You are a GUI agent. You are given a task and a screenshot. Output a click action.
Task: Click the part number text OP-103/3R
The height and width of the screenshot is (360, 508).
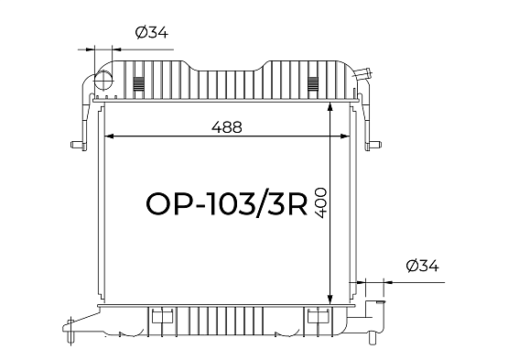[x=226, y=204]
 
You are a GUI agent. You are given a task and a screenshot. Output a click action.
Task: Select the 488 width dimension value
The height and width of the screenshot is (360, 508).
[x=227, y=127]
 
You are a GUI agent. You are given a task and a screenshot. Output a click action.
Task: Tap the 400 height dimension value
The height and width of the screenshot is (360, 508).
[x=320, y=202]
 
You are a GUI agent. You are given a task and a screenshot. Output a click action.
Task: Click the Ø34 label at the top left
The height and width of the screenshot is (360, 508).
[x=152, y=32]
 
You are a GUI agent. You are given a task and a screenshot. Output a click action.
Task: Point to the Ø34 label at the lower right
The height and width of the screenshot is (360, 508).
[x=423, y=266]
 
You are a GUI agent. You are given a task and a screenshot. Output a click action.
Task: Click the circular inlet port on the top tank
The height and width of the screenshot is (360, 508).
[x=103, y=80]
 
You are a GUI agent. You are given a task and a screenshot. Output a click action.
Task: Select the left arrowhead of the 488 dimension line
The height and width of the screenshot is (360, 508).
[x=109, y=136]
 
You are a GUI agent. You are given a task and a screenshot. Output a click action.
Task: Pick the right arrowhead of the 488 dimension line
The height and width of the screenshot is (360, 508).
[x=346, y=136]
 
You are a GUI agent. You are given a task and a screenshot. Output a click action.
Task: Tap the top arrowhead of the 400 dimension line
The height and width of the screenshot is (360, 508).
[x=330, y=107]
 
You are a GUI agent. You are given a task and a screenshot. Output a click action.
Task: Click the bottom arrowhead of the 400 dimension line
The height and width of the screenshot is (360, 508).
[x=330, y=300]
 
